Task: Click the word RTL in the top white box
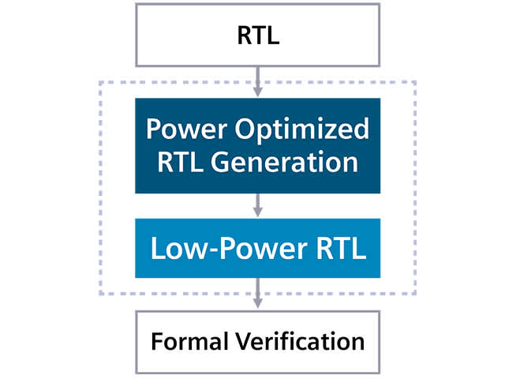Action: pyautogui.click(x=257, y=36)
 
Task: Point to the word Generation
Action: pyautogui.click(x=286, y=162)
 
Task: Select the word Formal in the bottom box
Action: pyautogui.click(x=185, y=342)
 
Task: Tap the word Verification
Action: pyautogui.click(x=296, y=342)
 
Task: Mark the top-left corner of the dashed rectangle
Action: pyautogui.click(x=99, y=81)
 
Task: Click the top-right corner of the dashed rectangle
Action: pyautogui.click(x=415, y=81)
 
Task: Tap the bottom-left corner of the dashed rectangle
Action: pyautogui.click(x=99, y=294)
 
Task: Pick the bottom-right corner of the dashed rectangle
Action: pyautogui.click(x=415, y=294)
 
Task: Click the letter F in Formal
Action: pyautogui.click(x=156, y=342)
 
